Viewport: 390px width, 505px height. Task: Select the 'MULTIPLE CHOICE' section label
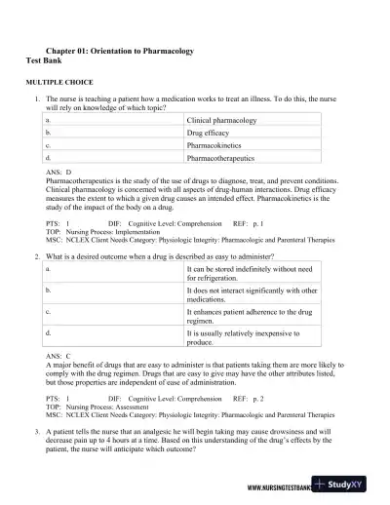(x=59, y=85)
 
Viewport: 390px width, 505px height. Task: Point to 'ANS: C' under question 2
(x=59, y=356)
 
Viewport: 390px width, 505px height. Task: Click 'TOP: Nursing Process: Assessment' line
(x=99, y=408)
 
